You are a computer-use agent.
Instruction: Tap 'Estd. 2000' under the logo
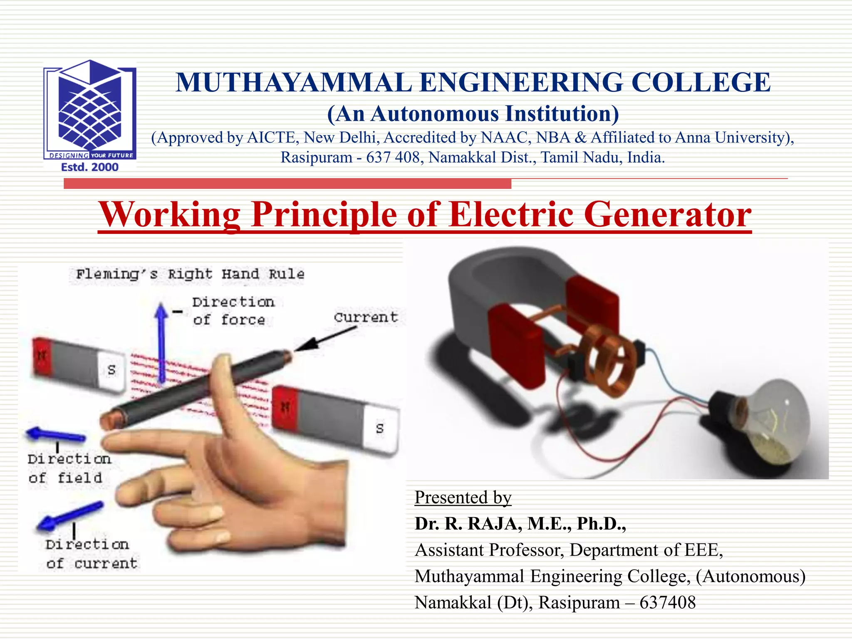tap(90, 167)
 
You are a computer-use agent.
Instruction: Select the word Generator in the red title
tap(667, 215)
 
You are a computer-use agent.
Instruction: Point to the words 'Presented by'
tap(463, 498)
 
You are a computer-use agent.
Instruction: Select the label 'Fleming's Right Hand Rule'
tap(190, 274)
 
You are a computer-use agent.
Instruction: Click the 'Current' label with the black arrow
tap(366, 317)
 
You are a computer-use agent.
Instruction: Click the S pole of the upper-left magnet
tap(111, 370)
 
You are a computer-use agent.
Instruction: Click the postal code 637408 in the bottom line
tap(667, 603)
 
